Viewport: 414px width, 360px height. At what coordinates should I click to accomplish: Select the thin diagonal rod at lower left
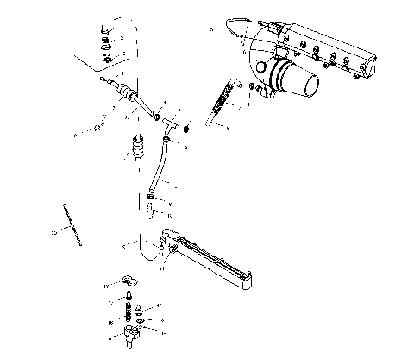coord(74,221)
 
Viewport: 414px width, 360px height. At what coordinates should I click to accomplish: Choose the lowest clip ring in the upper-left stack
coord(106,59)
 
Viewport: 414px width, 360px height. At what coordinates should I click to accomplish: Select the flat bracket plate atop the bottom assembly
coord(130,281)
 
